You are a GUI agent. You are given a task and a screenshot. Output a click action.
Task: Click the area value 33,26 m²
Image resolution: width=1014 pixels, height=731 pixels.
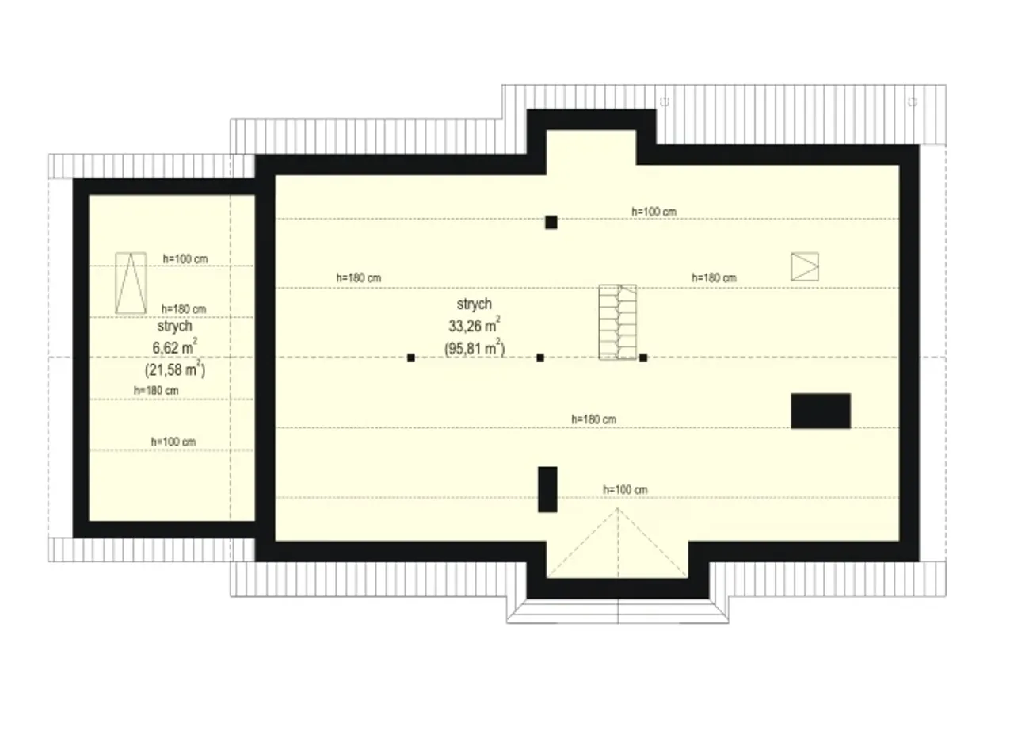point(475,325)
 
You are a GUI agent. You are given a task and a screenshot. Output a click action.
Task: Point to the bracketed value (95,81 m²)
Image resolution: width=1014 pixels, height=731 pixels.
point(475,348)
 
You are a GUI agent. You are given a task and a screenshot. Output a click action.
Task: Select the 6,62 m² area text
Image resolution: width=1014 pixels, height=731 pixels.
point(175,347)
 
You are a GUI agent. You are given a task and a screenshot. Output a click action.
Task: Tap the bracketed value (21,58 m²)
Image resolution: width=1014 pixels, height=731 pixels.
point(175,369)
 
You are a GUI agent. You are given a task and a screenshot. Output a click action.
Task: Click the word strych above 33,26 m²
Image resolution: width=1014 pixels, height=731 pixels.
point(474,304)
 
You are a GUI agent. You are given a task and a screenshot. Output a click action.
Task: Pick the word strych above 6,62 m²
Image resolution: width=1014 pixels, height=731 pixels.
point(175,326)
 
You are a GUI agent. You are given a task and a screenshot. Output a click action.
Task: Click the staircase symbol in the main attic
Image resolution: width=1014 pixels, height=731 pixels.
point(617,322)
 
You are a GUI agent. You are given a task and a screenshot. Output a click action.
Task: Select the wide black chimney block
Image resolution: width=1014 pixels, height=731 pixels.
point(821,411)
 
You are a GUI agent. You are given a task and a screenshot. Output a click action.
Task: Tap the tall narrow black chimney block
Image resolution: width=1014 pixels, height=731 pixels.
point(547,489)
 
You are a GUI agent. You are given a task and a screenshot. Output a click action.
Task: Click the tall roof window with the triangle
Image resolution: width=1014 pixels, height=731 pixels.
point(131,283)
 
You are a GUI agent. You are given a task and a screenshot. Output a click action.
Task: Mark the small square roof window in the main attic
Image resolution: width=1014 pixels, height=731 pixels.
point(805,266)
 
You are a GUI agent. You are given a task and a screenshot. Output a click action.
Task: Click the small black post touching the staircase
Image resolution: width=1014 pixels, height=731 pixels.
point(642,358)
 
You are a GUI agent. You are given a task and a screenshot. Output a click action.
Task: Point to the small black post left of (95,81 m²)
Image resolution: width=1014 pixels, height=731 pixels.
point(411,358)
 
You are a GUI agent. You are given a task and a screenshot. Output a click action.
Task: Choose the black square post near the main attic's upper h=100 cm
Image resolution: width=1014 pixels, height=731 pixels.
point(551,222)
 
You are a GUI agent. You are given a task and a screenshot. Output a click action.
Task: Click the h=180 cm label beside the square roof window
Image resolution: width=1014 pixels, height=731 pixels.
point(714,277)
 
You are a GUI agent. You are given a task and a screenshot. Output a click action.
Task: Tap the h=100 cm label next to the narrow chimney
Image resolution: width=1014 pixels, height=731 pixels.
point(625,490)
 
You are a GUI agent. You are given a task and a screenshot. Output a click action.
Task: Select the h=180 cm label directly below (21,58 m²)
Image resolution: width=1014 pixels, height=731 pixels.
point(156,390)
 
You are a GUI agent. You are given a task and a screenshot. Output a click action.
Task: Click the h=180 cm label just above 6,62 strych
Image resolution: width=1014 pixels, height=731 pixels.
point(184,309)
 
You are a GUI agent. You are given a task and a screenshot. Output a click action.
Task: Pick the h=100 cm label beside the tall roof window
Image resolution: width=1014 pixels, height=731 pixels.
point(185,259)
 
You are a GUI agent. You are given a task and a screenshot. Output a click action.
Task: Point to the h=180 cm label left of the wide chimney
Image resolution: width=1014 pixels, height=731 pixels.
point(593,419)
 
